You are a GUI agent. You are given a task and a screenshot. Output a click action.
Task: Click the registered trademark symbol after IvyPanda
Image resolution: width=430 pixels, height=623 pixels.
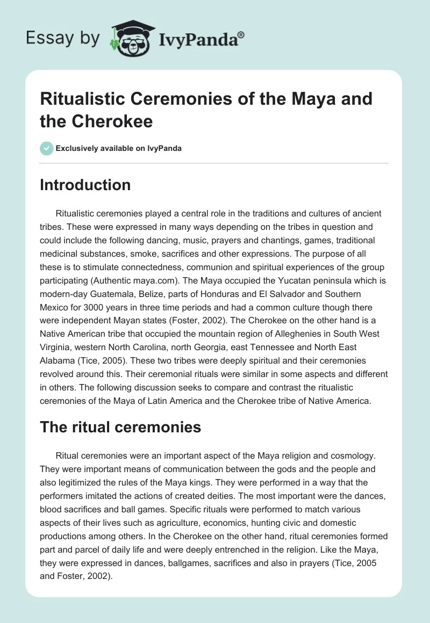point(241,34)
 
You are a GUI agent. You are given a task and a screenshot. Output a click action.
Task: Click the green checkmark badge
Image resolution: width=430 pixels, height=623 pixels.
point(46,148)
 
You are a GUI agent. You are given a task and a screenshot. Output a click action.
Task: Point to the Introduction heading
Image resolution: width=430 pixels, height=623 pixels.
point(85,185)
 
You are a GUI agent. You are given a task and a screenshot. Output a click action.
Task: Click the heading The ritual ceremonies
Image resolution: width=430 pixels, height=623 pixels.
point(120,427)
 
